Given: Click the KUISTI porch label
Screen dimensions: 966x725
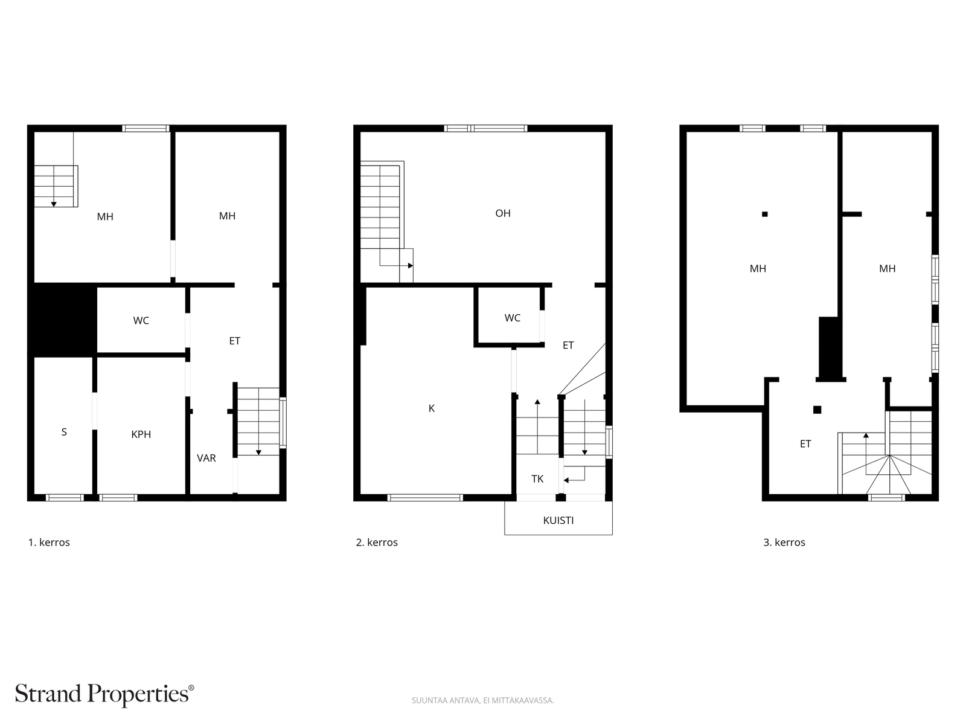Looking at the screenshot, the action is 558,520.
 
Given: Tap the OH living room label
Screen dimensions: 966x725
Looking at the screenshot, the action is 502,213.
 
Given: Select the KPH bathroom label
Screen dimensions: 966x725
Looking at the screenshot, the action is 141,434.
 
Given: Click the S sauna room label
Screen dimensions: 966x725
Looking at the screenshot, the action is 64,432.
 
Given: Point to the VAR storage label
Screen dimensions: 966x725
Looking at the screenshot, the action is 206,458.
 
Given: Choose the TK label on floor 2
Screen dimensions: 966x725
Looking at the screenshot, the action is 537,479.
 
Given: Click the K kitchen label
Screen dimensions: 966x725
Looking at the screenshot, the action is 431,408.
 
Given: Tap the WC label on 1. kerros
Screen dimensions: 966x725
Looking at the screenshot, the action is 141,320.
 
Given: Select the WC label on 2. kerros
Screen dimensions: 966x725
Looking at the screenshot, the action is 512,318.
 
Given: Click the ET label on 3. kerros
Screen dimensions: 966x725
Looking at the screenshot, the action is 805,444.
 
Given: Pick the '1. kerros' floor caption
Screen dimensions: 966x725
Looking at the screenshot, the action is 49,543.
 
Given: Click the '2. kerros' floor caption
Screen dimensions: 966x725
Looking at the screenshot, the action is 377,543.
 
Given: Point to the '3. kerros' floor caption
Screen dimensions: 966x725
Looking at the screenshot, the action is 784,543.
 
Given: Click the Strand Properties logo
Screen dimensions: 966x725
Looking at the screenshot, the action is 104,694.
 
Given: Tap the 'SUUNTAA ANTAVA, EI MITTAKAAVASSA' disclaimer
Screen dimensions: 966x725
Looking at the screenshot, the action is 482,700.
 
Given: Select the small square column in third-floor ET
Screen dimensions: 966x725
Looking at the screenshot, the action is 817,410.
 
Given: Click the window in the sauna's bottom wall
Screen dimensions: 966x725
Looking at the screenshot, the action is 65,498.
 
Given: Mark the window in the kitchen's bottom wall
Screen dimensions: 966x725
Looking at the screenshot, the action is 425,498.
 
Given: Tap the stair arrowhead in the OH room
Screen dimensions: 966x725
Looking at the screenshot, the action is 410,266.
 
